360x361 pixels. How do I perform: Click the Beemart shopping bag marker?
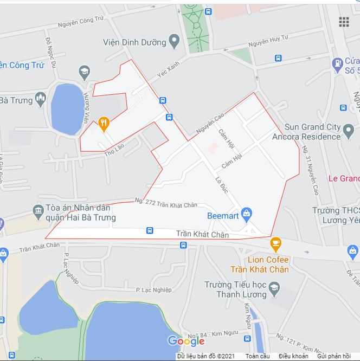[247, 215]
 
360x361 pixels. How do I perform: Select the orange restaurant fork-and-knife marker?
[104, 124]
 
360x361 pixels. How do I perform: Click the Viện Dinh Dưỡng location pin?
[174, 41]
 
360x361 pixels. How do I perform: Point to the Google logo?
[186, 340]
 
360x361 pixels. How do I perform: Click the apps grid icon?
[344, 22]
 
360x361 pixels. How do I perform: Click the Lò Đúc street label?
[221, 185]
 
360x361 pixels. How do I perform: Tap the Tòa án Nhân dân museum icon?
[38, 210]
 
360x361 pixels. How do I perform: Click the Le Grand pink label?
[344, 178]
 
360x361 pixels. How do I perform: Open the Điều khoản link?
[293, 356]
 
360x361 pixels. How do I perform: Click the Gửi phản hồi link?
[334, 356]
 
